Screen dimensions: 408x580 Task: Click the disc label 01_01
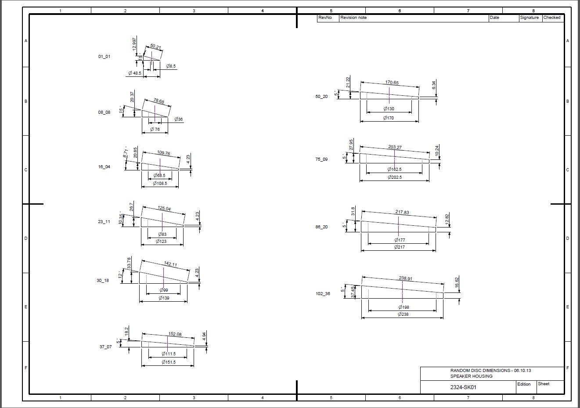click(x=104, y=57)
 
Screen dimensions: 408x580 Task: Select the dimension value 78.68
click(x=159, y=101)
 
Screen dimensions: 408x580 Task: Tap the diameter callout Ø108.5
click(x=160, y=184)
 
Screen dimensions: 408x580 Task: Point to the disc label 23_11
click(x=104, y=222)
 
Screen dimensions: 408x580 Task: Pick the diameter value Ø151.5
click(x=168, y=362)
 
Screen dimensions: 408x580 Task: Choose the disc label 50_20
click(x=321, y=97)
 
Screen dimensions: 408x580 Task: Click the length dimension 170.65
click(x=392, y=83)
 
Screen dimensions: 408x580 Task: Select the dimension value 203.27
click(x=395, y=147)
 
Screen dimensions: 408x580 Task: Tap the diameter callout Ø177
click(x=400, y=240)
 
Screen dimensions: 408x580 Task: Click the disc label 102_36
click(x=323, y=294)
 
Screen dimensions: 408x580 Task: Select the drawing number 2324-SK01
click(x=463, y=387)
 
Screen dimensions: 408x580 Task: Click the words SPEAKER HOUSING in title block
click(x=471, y=376)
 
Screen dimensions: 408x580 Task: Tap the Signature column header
click(x=529, y=18)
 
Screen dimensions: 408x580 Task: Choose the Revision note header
click(x=353, y=18)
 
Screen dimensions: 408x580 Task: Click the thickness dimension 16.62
click(x=457, y=282)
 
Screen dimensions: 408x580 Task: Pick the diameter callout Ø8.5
click(x=171, y=66)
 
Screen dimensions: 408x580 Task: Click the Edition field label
click(x=524, y=384)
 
